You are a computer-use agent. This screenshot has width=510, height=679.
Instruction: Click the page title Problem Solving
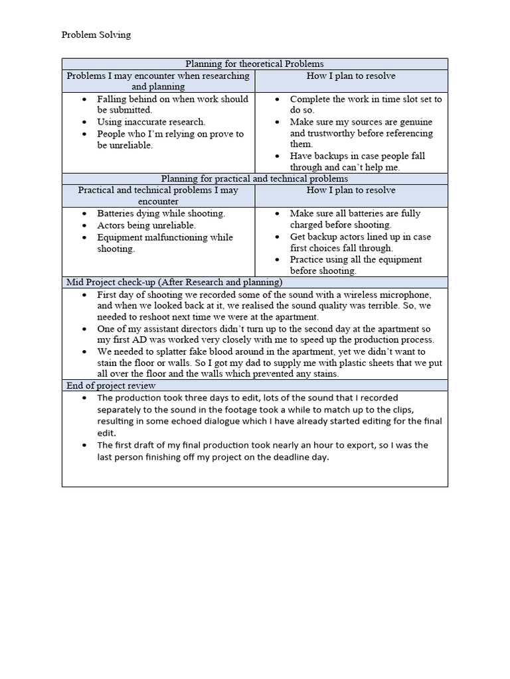96,35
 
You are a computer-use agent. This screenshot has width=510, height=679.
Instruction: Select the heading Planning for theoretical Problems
254,64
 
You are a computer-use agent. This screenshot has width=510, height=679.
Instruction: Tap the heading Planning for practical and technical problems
254,178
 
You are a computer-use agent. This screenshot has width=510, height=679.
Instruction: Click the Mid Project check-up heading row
174,282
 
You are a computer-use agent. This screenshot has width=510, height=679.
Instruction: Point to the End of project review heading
111,385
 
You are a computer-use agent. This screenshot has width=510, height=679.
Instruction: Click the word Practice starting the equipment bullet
307,259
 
